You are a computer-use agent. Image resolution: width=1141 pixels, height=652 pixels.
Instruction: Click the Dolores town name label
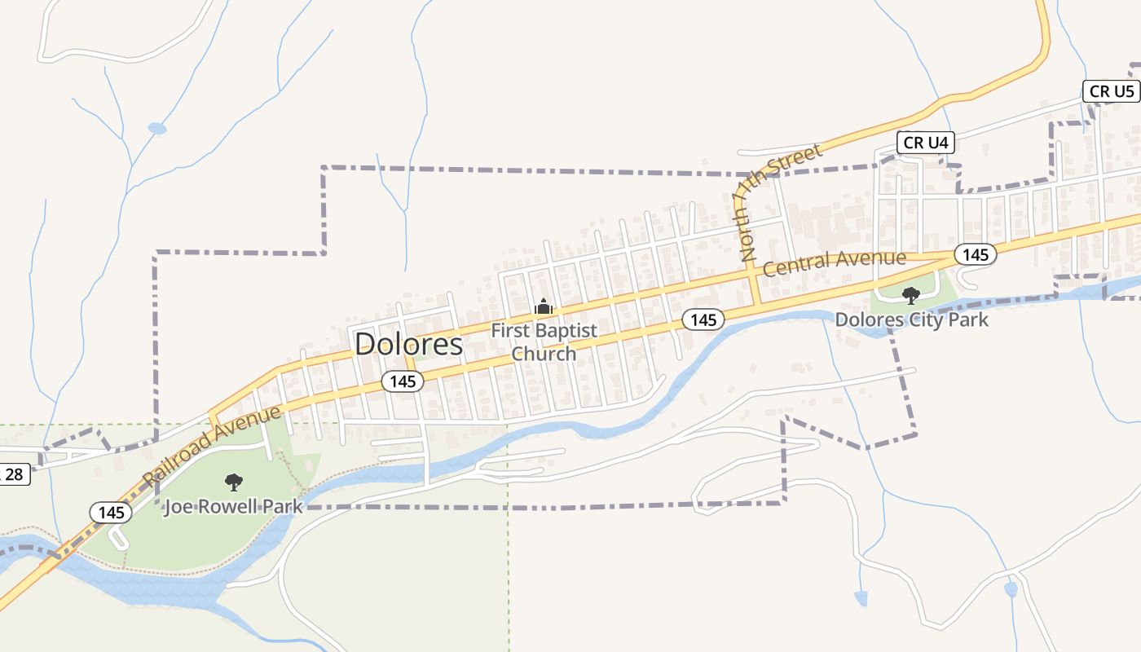408,344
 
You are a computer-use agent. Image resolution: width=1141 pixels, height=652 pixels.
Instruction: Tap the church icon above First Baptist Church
543,307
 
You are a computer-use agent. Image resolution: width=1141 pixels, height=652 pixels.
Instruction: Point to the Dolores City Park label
911,319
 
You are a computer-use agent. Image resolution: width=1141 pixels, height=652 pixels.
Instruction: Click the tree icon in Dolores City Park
910,295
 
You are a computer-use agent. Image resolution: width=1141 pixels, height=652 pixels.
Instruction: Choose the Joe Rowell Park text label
233,506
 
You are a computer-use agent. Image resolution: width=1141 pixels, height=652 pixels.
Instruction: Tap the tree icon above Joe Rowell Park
234,482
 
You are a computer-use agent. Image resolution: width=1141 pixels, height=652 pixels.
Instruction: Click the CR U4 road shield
926,143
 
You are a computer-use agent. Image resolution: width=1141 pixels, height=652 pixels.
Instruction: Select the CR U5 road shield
1112,90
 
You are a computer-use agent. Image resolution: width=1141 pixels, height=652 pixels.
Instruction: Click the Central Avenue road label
834,261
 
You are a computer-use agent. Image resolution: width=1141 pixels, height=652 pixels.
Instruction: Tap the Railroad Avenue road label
210,445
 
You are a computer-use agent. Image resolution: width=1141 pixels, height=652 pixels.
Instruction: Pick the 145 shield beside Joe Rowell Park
111,512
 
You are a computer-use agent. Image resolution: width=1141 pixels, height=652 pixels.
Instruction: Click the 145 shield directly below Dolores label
403,381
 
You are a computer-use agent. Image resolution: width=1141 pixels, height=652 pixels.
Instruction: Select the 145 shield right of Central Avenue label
975,254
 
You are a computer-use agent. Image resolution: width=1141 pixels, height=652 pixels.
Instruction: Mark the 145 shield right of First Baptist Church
703,319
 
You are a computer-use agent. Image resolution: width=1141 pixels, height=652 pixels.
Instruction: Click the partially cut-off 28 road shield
14,474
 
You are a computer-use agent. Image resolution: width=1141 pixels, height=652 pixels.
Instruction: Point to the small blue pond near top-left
156,128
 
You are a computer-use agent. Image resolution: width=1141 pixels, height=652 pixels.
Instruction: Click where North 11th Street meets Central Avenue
752,275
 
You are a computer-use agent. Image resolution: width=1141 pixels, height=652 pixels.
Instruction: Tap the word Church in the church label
544,354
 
